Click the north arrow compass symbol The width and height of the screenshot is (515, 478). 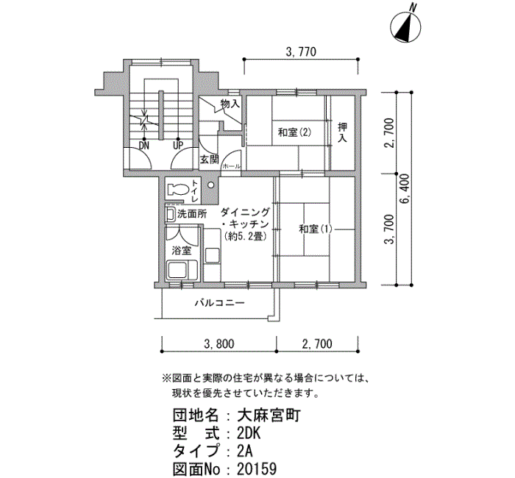point(403,26)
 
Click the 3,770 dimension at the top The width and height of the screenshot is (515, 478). point(300,51)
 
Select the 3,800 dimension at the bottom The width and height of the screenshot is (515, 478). point(219,343)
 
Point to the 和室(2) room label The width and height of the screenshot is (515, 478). point(294,133)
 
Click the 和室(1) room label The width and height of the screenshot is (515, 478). point(316,229)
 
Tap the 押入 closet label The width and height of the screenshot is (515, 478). point(342,133)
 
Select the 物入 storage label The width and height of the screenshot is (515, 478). point(230,104)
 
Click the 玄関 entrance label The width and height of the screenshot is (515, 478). point(209,159)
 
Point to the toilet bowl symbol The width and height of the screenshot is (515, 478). point(177,190)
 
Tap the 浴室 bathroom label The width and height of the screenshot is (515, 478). point(181,251)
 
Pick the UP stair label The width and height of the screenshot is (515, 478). point(177,145)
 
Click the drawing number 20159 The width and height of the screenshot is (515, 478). point(260,467)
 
